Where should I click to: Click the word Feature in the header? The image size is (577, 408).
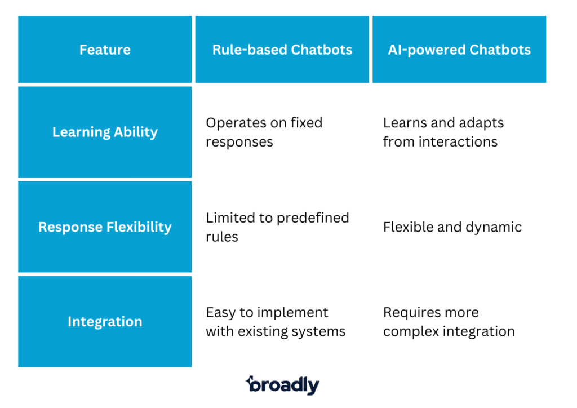pos(105,50)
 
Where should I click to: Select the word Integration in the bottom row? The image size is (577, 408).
pos(105,322)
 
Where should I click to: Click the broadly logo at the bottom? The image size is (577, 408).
pos(282,385)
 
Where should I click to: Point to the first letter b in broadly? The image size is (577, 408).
pos(252,385)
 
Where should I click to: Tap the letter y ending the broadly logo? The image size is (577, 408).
pos(314,388)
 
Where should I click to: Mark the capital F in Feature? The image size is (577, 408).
pos(83,50)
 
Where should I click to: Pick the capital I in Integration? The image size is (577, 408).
pos(70,322)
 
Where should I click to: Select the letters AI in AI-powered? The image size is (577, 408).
pos(393,50)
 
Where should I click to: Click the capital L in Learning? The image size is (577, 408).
pos(56,132)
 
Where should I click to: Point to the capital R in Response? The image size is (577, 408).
pos(42,227)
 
